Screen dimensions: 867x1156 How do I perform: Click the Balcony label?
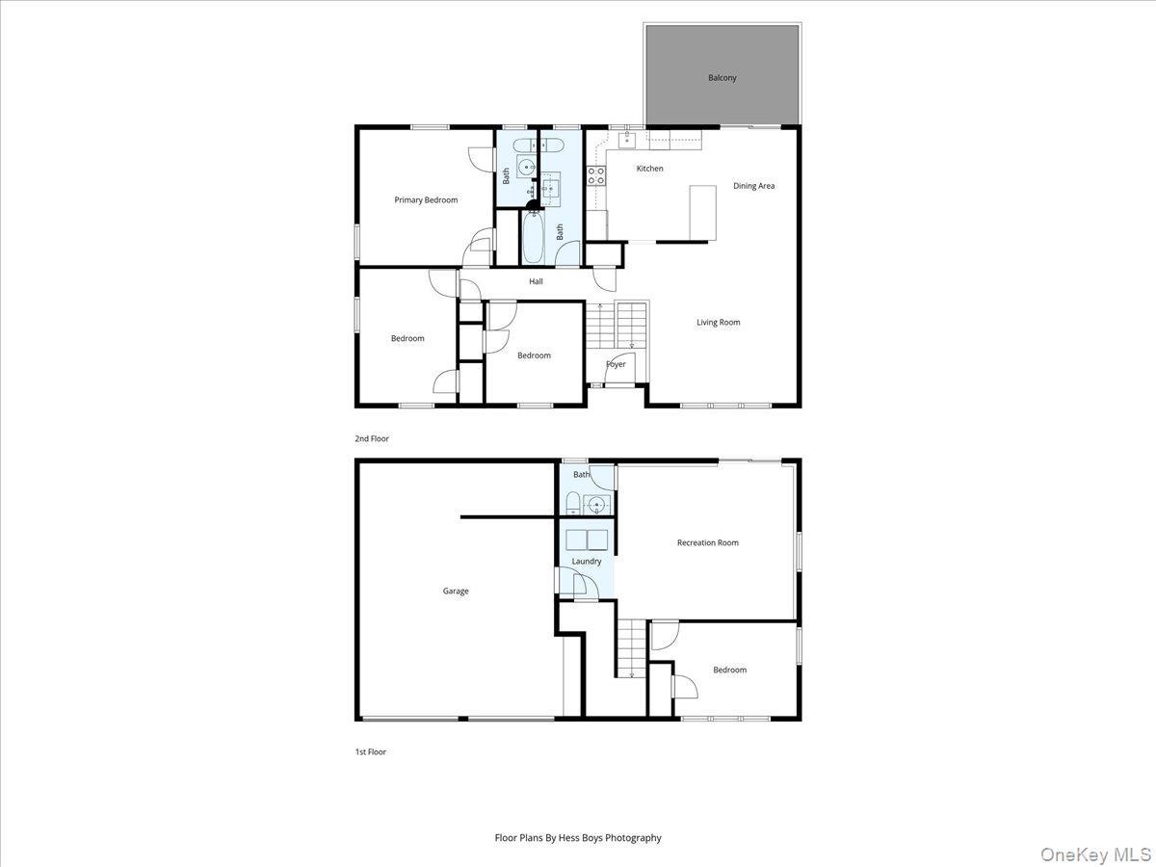[722, 78]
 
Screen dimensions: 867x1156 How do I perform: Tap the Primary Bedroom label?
[426, 200]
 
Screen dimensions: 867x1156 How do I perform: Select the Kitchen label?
[649, 169]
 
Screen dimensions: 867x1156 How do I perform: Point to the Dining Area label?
[753, 186]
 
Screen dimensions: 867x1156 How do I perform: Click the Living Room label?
[719, 323]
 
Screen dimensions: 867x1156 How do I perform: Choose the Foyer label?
[616, 364]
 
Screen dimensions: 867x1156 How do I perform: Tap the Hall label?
[536, 281]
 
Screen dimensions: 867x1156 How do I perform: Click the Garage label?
[456, 591]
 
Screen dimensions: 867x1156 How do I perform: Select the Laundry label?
[586, 562]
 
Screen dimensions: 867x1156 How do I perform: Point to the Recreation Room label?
[707, 543]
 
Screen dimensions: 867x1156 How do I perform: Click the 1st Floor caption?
[370, 752]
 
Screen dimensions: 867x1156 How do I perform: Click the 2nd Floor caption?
[372, 439]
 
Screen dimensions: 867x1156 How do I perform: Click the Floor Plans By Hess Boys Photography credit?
[578, 838]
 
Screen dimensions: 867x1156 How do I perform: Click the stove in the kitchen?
[596, 175]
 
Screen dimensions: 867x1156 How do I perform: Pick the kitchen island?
[702, 212]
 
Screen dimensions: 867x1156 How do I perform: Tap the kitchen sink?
[627, 141]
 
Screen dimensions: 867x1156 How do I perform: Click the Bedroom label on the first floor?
[729, 670]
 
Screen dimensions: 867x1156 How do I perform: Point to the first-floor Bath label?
[581, 475]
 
